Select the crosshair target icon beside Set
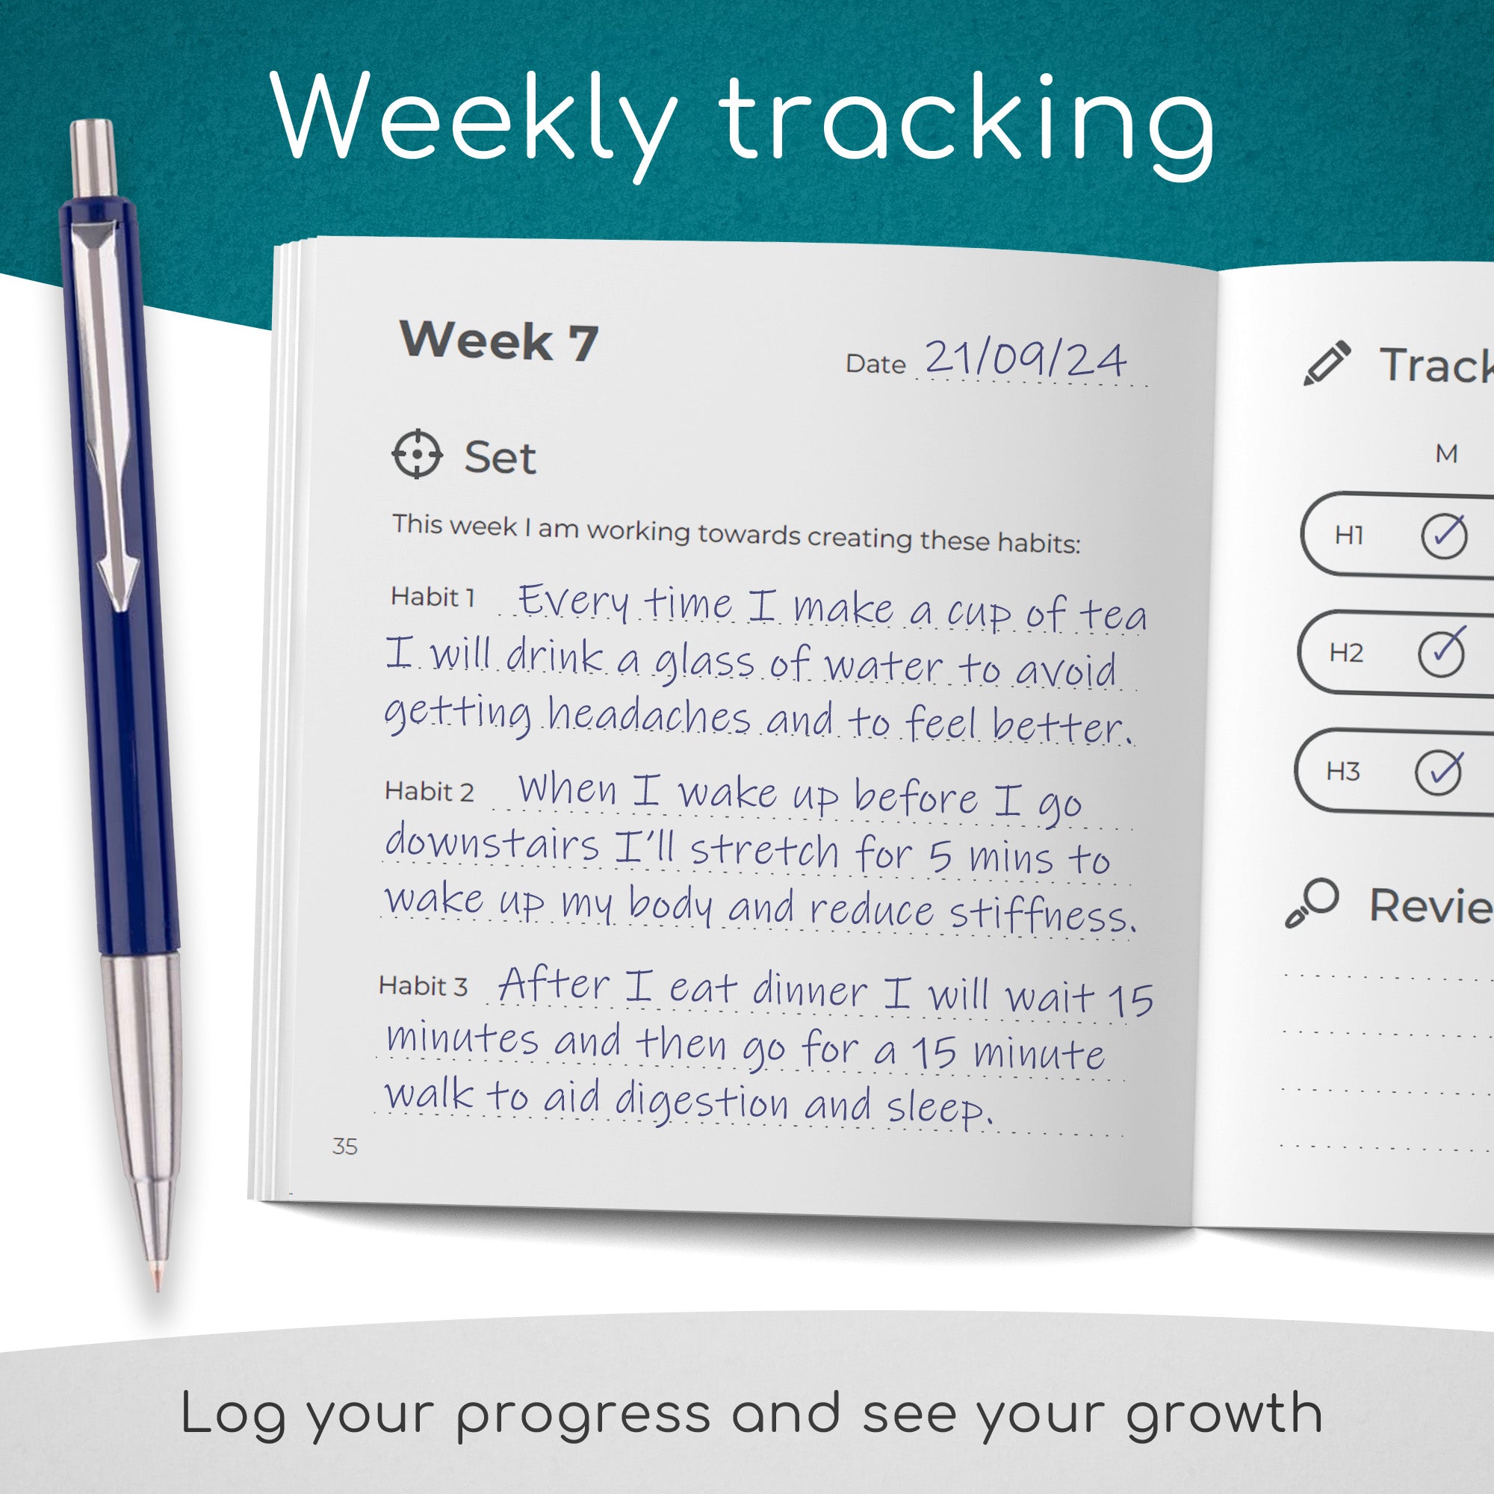417,454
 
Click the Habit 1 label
433,597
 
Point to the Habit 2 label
430,791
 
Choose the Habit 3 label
423,986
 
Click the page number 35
345,1146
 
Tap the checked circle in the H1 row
1444,534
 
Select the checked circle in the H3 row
1438,771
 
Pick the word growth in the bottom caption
1224,1414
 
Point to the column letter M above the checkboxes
1447,454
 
